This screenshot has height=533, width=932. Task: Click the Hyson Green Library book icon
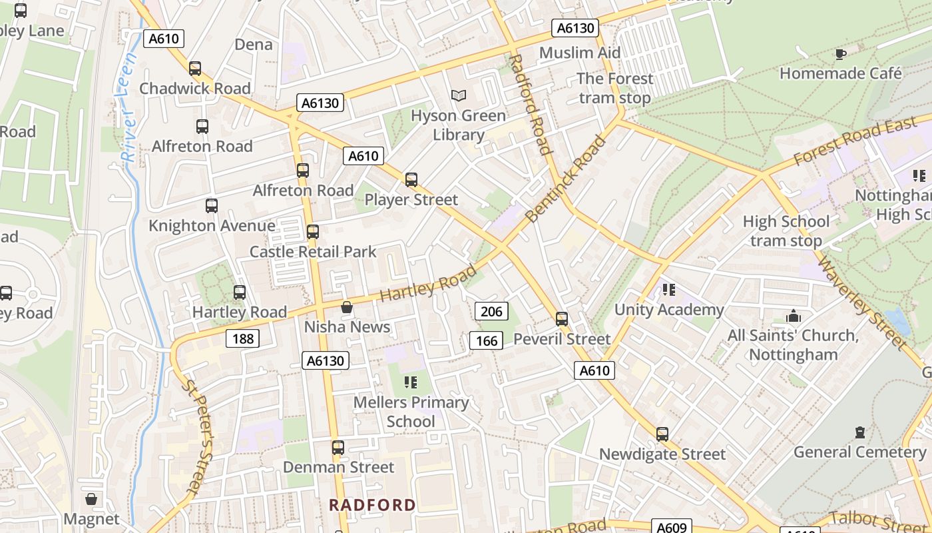[458, 96]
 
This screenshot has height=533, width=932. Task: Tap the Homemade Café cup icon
[841, 54]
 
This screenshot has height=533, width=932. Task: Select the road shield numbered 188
[243, 338]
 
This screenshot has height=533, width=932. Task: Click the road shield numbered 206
[491, 311]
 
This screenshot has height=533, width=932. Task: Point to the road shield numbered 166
[487, 341]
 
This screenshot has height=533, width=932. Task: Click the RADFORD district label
[373, 505]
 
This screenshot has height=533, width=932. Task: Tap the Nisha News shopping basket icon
[347, 307]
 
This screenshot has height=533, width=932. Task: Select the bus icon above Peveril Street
[562, 319]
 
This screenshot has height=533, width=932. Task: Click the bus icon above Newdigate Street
[662, 434]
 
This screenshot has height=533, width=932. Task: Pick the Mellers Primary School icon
[411, 382]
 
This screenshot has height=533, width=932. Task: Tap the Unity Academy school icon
[669, 290]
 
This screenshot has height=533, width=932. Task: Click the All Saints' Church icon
[793, 316]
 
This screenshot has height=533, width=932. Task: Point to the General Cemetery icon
[859, 432]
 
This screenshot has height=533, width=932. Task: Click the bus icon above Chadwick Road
[195, 69]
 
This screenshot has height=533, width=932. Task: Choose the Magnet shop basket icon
[91, 499]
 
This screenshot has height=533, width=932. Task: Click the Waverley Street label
[861, 302]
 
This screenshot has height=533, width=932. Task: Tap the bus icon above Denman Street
[338, 448]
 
